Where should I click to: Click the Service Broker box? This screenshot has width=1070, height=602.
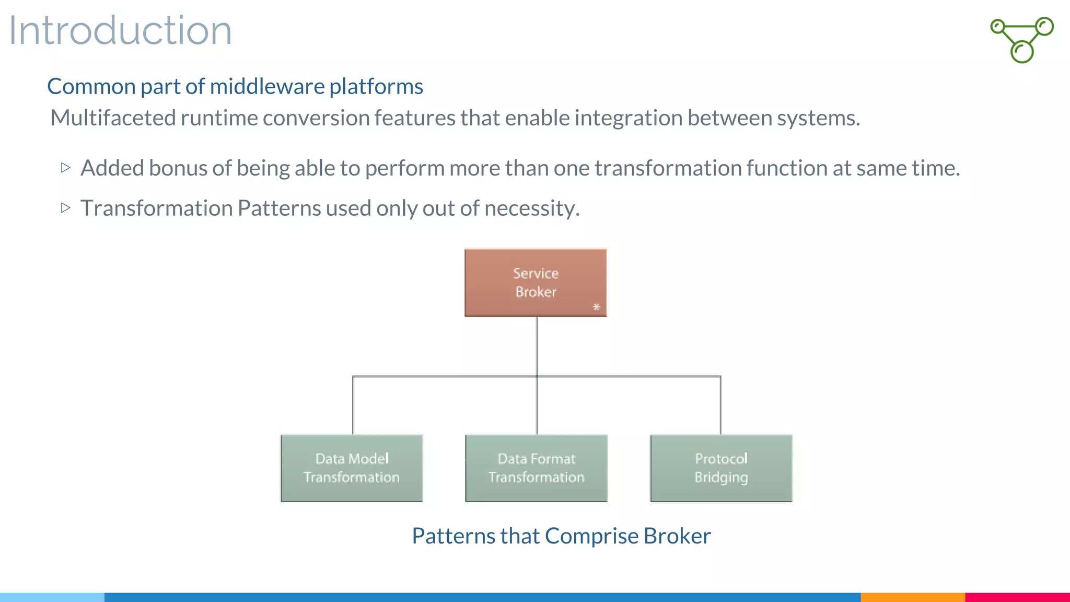coord(536,283)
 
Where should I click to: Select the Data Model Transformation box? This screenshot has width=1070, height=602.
coord(352,468)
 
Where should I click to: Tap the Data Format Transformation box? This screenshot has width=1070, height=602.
coord(537,468)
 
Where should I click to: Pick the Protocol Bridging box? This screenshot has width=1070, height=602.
coord(721,468)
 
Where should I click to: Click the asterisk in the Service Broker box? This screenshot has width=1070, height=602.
coord(597,307)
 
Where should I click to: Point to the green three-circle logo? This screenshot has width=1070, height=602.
coord(1022,40)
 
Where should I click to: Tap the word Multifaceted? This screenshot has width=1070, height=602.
coord(113,118)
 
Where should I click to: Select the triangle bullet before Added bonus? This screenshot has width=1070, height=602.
coord(65,168)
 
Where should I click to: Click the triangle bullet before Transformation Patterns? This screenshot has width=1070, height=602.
coord(65,208)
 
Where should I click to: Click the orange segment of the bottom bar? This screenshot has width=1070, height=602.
coord(912,597)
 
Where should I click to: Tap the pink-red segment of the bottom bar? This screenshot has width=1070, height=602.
coord(1017,597)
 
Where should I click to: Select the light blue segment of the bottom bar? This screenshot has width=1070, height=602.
coord(52,597)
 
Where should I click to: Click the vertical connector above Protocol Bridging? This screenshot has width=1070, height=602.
coord(720,405)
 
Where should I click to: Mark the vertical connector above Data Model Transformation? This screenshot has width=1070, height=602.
coord(353,405)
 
